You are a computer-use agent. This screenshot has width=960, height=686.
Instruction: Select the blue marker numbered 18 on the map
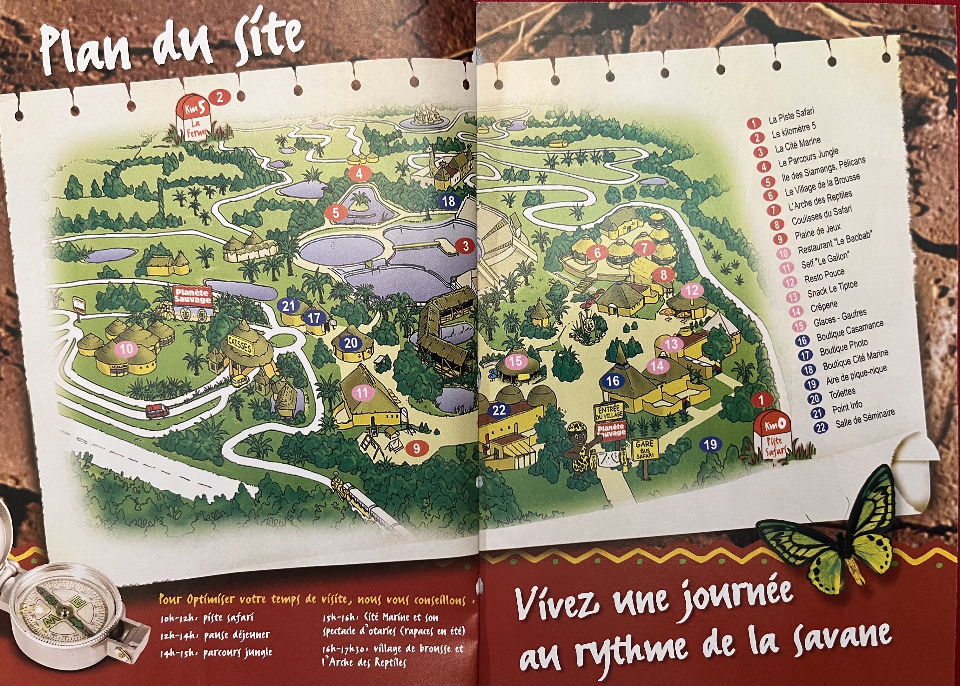pyautogui.click(x=448, y=201)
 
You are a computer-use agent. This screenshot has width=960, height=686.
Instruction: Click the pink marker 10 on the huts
pyautogui.click(x=126, y=349)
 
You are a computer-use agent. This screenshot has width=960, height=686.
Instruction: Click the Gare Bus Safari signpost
pyautogui.click(x=645, y=449)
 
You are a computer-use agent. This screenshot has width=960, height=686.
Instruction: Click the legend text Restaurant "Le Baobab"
pyautogui.click(x=834, y=243)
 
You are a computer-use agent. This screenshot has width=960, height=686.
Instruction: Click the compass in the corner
pyautogui.click(x=63, y=608)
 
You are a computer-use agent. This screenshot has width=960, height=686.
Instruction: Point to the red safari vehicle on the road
pyautogui.click(x=157, y=410)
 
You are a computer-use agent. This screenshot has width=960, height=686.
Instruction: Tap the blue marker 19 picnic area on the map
pyautogui.click(x=710, y=444)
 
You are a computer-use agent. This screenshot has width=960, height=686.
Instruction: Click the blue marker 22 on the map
pyautogui.click(x=499, y=410)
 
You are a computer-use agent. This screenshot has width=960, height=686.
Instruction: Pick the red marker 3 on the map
pyautogui.click(x=466, y=246)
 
